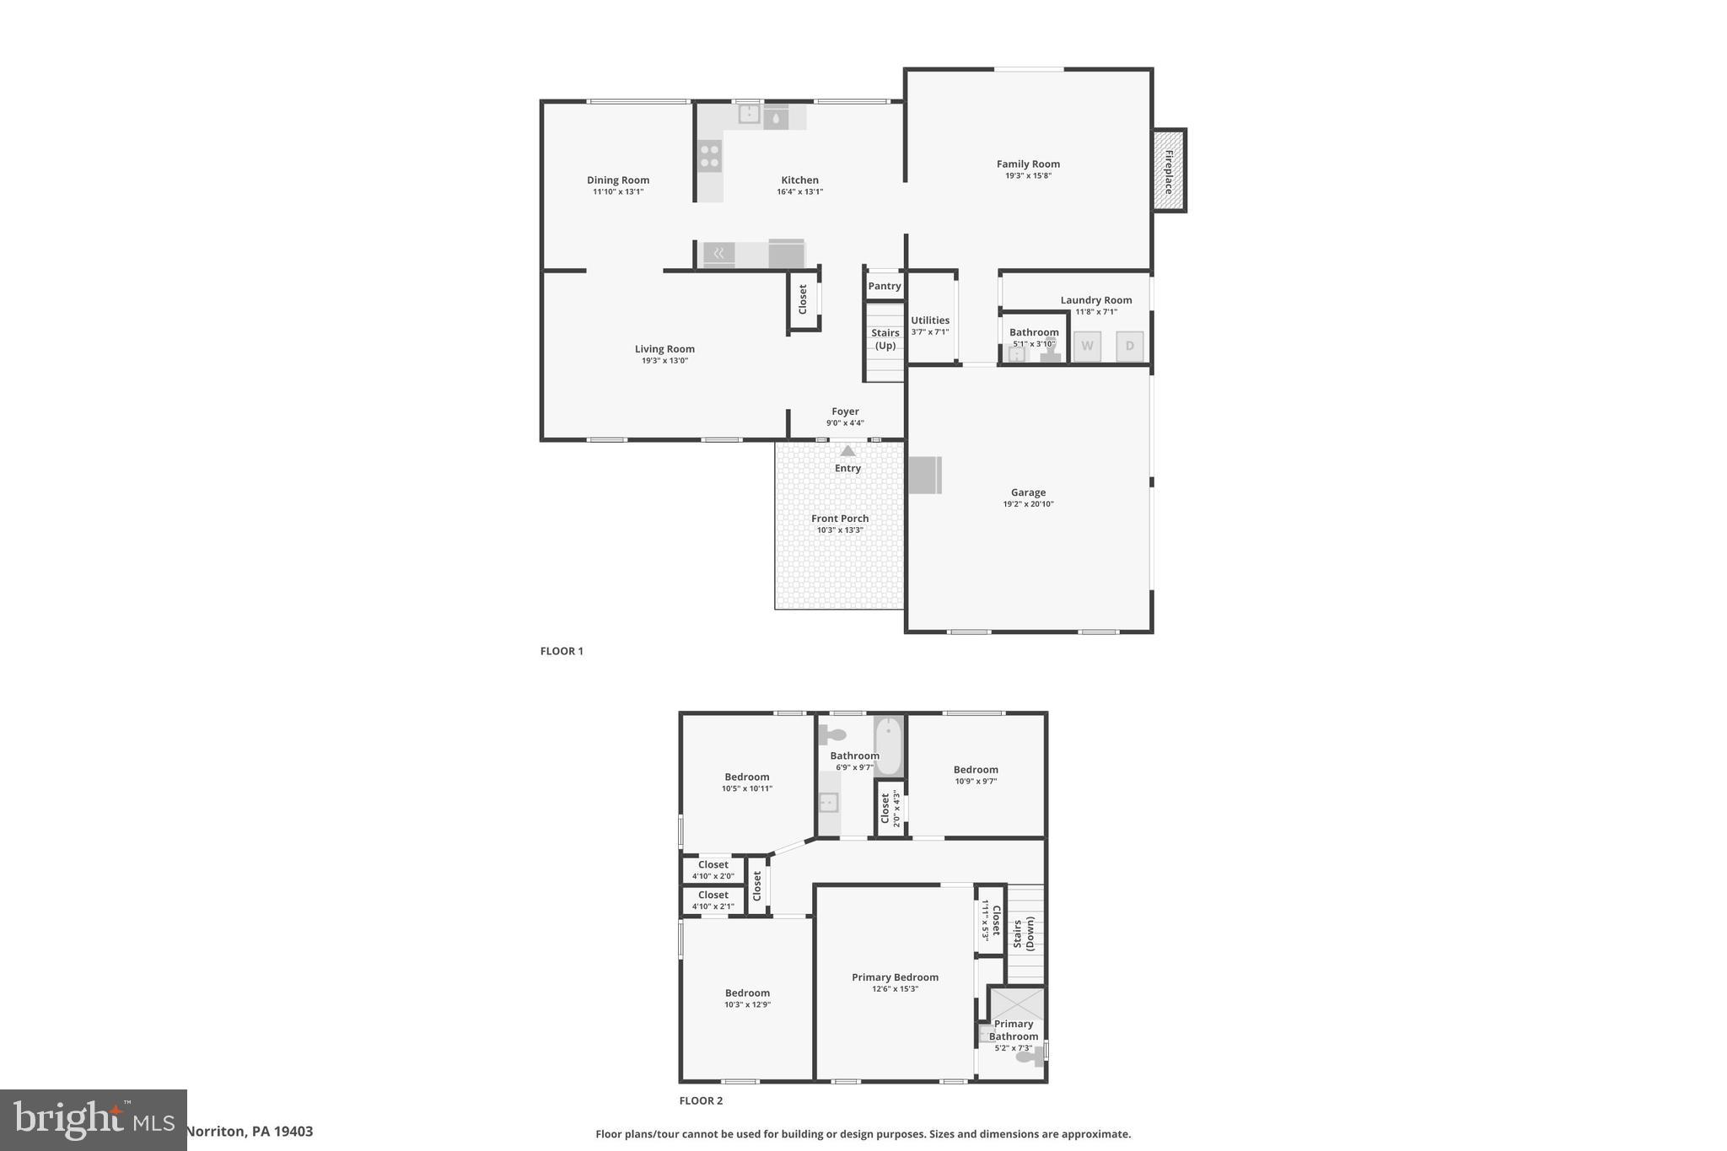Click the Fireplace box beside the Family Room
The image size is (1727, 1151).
point(1169,170)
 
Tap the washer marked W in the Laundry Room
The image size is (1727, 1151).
point(1087,346)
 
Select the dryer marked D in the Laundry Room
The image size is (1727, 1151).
point(1129,346)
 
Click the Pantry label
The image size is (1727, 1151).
point(885,286)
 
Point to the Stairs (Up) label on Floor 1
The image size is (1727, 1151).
point(885,339)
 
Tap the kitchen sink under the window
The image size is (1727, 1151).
point(749,113)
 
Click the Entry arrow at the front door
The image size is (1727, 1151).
point(847,451)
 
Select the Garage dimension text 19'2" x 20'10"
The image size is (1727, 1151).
point(1028,504)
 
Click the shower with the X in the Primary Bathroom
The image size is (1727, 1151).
point(1017,1004)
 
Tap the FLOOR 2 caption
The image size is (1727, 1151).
point(701,1100)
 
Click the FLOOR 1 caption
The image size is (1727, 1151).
point(562,651)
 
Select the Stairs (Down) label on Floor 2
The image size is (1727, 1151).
point(1023,934)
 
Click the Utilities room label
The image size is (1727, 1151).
point(929,320)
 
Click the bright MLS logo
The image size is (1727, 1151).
point(93,1120)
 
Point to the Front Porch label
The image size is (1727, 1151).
point(840,519)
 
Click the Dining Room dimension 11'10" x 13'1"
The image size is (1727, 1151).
point(617,191)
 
